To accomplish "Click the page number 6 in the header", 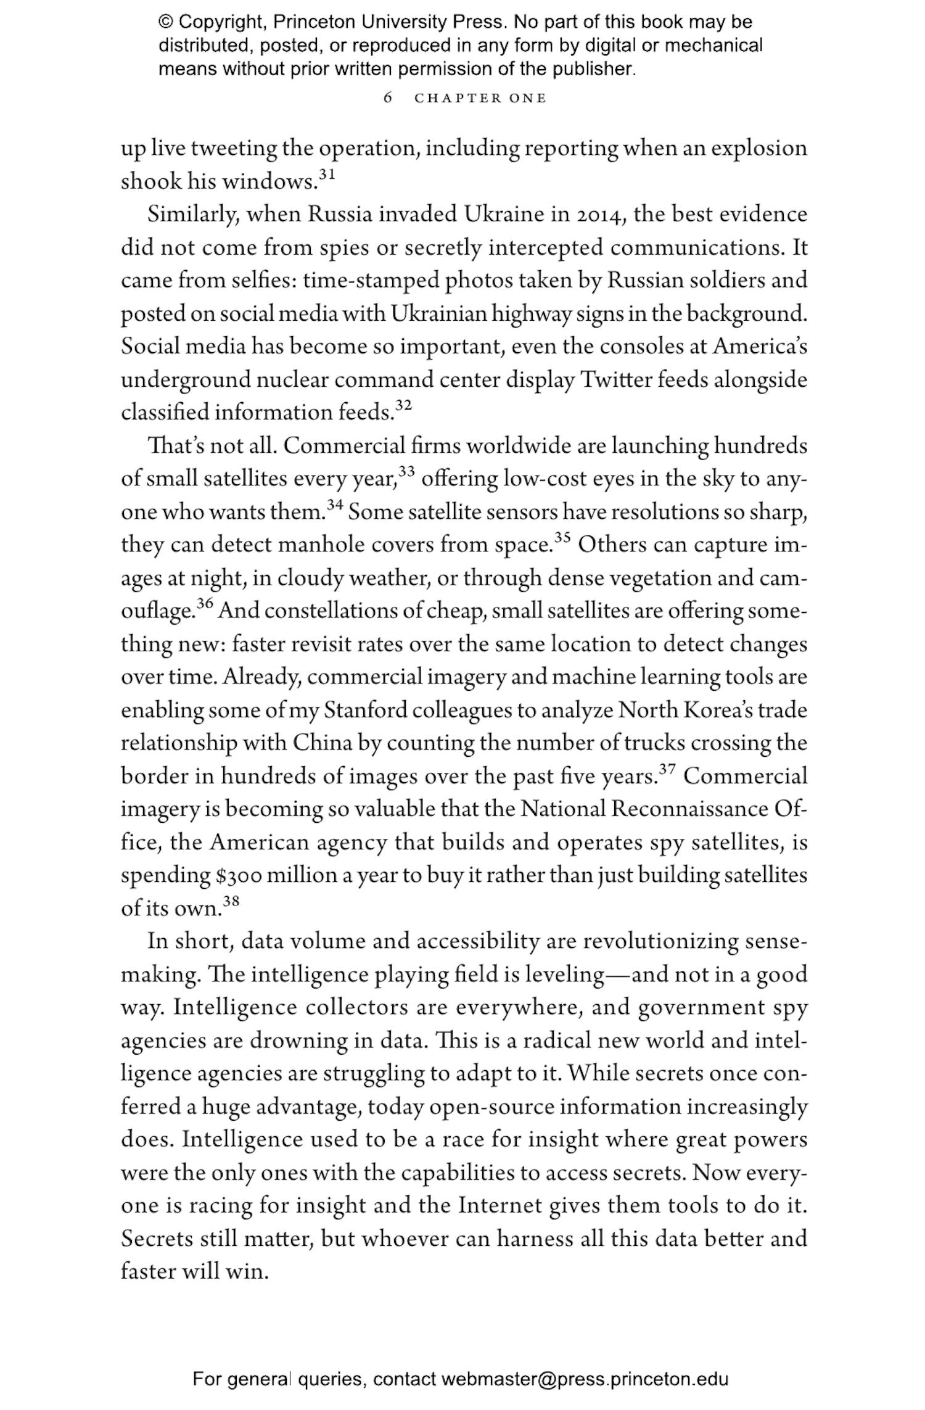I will (x=388, y=98).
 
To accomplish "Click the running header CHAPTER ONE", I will (x=480, y=99).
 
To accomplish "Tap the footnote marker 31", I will (x=327, y=175).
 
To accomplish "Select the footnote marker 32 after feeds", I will (x=403, y=405).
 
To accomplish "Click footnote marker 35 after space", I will (x=562, y=538).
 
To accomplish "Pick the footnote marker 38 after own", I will (x=231, y=901).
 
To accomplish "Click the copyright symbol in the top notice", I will (x=166, y=22).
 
